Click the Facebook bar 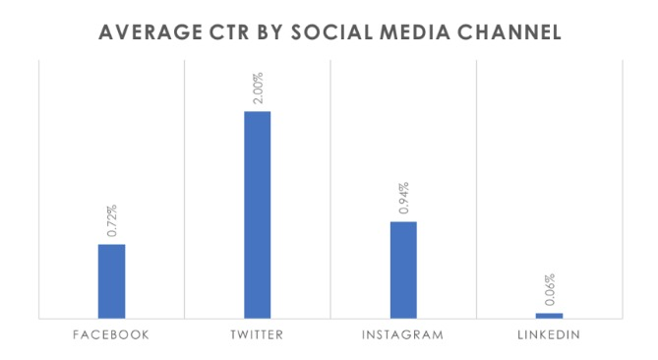pyautogui.click(x=111, y=280)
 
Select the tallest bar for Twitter pyautogui.click(x=257, y=214)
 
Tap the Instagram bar pyautogui.click(x=403, y=270)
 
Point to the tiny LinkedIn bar pyautogui.click(x=549, y=316)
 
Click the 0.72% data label pyautogui.click(x=112, y=221)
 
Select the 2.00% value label pyautogui.click(x=258, y=88)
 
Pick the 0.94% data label pyautogui.click(x=403, y=199)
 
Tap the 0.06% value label pyautogui.click(x=550, y=290)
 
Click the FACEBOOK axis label pyautogui.click(x=111, y=335)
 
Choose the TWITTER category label pyautogui.click(x=257, y=335)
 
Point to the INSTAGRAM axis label pyautogui.click(x=402, y=335)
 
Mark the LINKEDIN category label pyautogui.click(x=549, y=335)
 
